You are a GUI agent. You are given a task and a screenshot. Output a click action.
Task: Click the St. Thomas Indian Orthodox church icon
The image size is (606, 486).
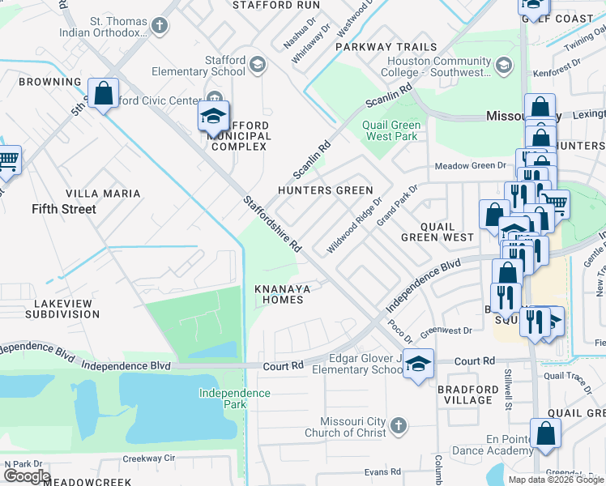click(x=160, y=26)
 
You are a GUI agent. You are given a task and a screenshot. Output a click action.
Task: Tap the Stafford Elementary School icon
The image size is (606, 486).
click(x=258, y=65)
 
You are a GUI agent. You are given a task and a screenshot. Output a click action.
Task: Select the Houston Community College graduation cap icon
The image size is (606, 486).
click(x=504, y=65)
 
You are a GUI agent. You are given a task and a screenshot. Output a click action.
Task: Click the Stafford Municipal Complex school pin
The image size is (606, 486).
click(x=213, y=118)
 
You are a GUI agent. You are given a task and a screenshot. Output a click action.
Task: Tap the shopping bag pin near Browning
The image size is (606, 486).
click(x=104, y=94)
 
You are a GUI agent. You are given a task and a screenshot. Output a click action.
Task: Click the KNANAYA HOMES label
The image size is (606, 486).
click(x=279, y=294)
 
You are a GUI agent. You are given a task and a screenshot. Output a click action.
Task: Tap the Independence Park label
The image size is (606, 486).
click(x=236, y=399)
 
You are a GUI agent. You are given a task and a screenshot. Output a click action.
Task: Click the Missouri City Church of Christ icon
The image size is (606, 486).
click(x=398, y=425)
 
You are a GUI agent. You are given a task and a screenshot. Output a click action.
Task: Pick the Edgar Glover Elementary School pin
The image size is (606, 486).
click(x=418, y=364)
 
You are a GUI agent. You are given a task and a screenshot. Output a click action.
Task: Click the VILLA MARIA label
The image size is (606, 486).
click(x=103, y=194)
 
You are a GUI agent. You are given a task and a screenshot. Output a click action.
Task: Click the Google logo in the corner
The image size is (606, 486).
click(x=27, y=476)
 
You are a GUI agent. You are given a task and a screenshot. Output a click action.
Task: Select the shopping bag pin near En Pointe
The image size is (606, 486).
click(x=545, y=433)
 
